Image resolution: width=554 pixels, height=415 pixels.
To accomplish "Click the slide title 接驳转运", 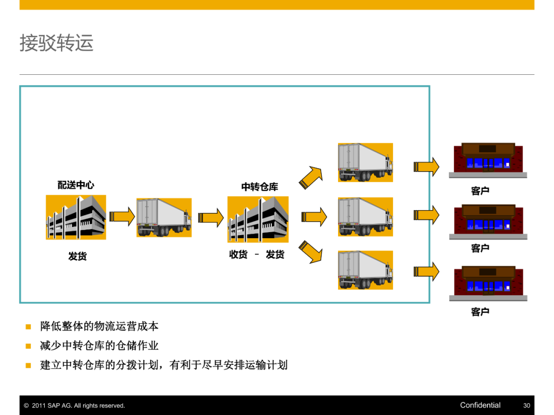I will tap(56, 43).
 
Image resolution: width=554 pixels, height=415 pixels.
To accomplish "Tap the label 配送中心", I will tap(76, 185).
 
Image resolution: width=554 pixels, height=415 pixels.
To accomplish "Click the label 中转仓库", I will tap(260, 187).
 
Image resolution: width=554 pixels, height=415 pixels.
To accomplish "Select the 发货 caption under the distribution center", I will tap(77, 256).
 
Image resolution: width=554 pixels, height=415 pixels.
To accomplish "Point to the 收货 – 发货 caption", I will tap(256, 255).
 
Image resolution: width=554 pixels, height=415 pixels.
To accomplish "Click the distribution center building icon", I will tap(76, 217).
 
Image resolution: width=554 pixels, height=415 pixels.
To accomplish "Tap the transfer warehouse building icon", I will tap(258, 219).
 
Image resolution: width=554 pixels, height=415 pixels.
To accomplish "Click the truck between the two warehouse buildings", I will tap(164, 217).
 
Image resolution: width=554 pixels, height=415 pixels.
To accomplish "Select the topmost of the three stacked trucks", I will tap(365, 162).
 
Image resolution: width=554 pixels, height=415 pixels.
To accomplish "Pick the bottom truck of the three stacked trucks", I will tap(365, 270).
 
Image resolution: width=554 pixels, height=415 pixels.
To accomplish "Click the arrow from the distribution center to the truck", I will tap(122, 217).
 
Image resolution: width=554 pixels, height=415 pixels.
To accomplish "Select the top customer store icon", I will tap(488, 159).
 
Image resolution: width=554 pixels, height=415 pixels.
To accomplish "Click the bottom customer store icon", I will tap(488, 282).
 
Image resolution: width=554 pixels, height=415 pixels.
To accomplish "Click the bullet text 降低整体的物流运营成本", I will tap(100, 326).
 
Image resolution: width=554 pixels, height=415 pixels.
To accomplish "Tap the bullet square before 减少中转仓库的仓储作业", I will tap(29, 346).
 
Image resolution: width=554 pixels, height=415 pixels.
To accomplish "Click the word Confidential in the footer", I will tap(480, 405).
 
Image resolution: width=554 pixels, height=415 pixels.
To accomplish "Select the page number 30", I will tap(526, 406).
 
